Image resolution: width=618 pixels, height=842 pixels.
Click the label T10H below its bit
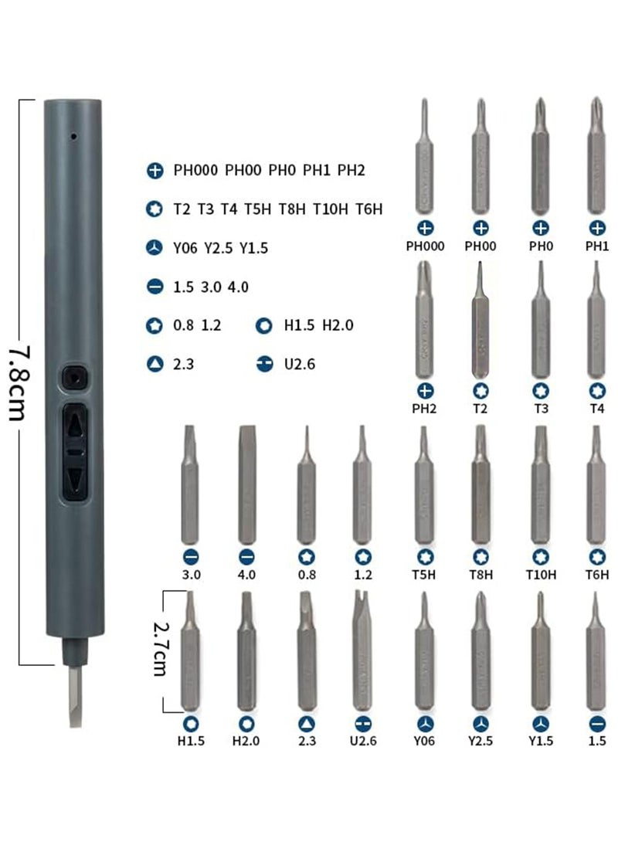[541, 575]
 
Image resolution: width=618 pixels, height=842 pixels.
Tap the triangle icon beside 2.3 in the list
[154, 363]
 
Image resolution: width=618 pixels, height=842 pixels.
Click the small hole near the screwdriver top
[73, 138]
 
